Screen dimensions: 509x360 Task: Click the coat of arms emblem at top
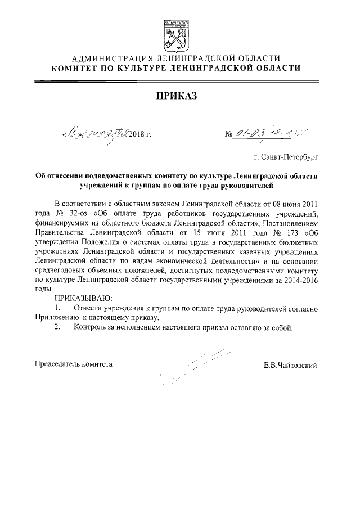coord(179,34)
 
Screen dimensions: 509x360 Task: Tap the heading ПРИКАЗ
coord(179,96)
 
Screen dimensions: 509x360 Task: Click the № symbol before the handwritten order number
coord(229,135)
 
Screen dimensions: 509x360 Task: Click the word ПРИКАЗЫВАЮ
coord(83,298)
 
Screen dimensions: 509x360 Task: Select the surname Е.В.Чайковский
coord(290,366)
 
